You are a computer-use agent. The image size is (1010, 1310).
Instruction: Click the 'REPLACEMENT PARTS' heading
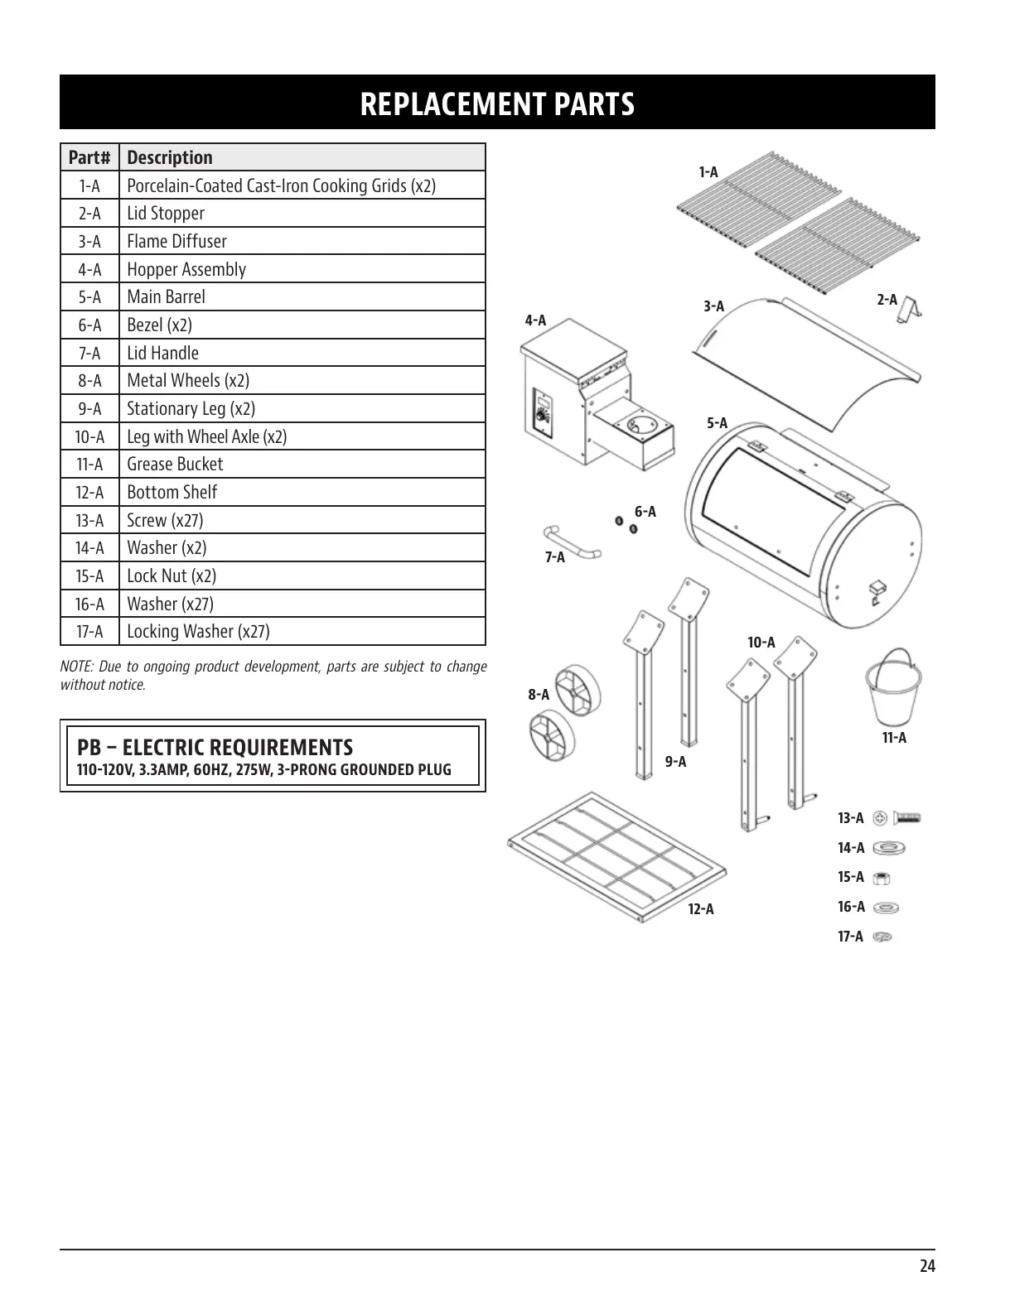point(497,104)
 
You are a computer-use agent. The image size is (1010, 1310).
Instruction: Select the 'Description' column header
point(170,157)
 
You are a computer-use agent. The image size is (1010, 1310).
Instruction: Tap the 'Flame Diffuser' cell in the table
point(176,241)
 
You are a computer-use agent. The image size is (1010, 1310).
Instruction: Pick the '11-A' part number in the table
point(89,465)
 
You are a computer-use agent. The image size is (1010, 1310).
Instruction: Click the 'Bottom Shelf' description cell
point(172,493)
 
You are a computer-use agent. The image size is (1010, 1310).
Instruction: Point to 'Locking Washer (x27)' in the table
point(198,632)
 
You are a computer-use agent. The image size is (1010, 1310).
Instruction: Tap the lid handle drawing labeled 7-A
point(571,542)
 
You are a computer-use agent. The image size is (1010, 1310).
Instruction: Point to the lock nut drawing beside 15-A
point(882,879)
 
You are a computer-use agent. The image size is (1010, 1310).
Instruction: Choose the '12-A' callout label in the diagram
point(700,909)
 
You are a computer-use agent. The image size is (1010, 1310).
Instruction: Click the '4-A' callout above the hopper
point(535,320)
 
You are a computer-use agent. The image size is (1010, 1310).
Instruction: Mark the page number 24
point(926,1266)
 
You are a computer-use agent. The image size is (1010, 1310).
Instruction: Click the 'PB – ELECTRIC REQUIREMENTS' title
point(215,748)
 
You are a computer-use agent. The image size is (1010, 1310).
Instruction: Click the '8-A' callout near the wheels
point(539,695)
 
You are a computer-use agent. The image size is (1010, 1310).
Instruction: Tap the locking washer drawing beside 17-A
point(882,937)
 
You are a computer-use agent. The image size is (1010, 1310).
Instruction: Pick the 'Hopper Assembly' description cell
point(186,269)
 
